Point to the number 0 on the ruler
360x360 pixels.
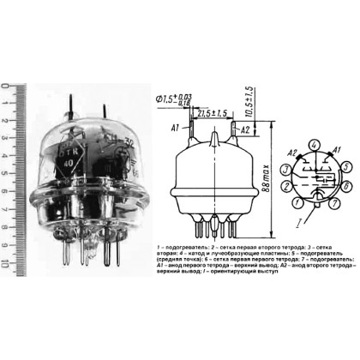coord(7,86)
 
